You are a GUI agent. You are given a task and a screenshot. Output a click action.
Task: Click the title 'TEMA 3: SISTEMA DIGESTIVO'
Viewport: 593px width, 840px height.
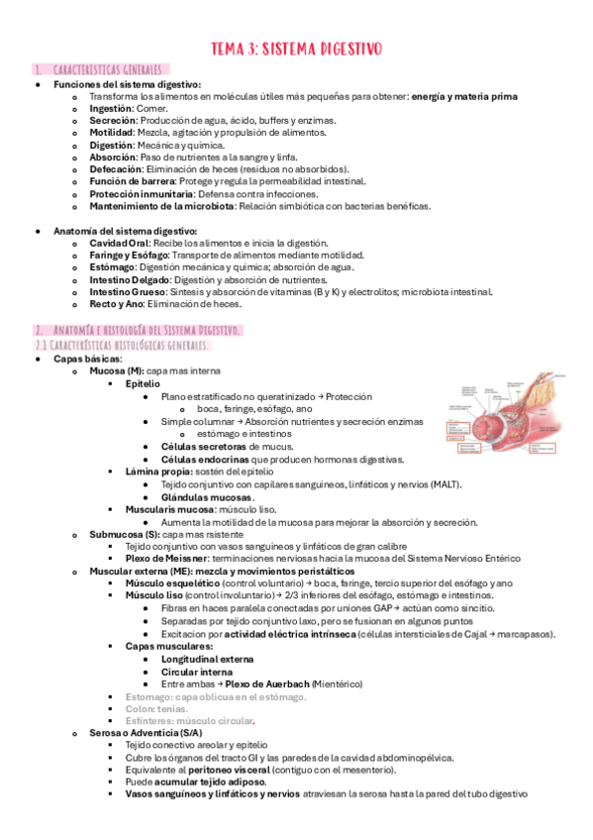coord(297,48)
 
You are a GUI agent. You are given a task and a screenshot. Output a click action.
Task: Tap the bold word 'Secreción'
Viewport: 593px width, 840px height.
coord(113,120)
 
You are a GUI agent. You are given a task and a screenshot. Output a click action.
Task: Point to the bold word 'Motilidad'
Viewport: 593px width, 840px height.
coord(112,132)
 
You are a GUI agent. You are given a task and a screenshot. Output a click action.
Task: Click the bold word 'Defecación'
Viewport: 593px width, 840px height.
coord(115,169)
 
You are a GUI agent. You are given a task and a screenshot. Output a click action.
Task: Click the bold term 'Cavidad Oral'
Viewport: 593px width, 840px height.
coord(120,243)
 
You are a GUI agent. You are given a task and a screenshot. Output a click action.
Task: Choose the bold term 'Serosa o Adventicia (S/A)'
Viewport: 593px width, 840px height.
coord(146,733)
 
